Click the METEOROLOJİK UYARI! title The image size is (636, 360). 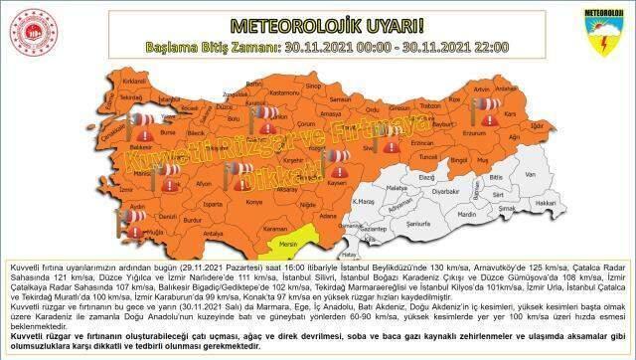317,23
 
